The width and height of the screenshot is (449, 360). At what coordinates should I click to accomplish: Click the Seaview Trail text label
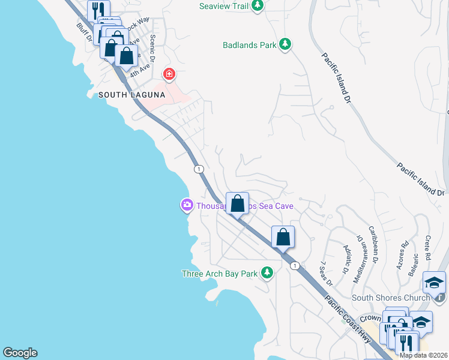[223, 6]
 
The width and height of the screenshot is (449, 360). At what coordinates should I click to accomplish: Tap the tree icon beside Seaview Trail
[258, 6]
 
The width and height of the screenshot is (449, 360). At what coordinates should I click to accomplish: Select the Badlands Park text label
[249, 44]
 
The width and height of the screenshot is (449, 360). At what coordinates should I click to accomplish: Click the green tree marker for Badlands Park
[286, 44]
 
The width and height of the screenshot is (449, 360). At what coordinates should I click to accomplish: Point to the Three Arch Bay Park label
[219, 274]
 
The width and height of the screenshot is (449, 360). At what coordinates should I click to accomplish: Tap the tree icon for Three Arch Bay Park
[267, 274]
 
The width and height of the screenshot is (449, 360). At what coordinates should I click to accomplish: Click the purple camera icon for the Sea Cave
[187, 206]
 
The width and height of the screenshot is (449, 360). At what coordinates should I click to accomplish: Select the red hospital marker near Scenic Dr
[170, 74]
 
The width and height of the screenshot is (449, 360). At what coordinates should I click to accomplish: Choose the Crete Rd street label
[428, 247]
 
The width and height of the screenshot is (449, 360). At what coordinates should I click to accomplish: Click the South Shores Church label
[391, 298]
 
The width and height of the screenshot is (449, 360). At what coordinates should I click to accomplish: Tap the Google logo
[20, 353]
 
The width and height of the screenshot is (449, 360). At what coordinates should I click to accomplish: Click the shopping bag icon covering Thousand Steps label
[238, 203]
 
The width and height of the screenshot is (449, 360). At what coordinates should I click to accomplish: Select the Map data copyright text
[423, 355]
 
